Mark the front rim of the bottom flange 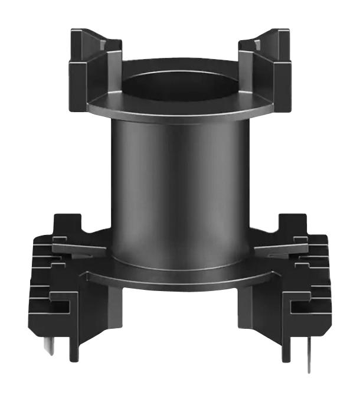click(180, 280)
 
